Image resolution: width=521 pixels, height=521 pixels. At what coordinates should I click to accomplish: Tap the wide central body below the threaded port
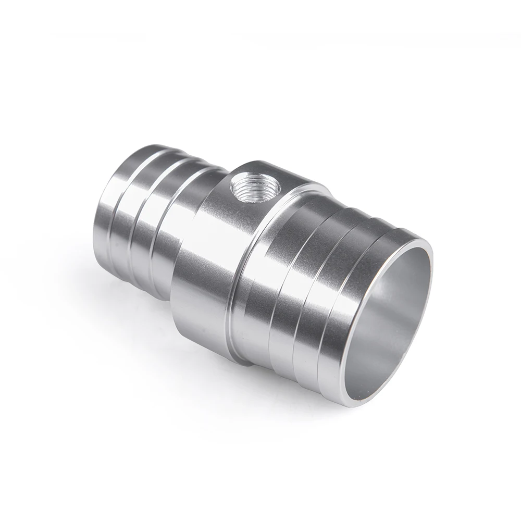point(208,271)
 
